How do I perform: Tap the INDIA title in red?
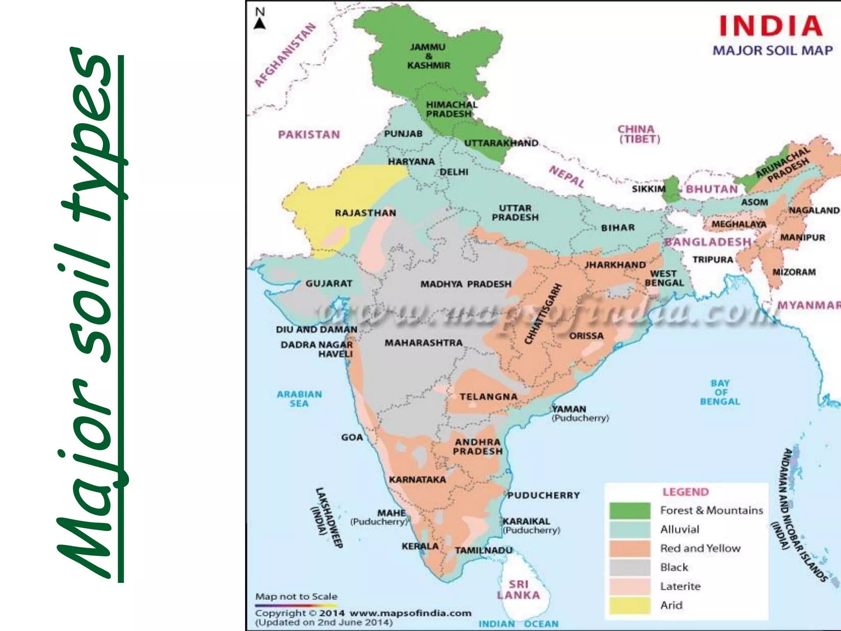(771, 26)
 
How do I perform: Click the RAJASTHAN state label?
(365, 213)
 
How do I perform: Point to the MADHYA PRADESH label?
(466, 284)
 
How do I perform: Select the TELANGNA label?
(488, 397)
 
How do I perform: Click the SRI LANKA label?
(518, 590)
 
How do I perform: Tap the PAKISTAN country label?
(309, 135)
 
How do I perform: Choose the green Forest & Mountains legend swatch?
(630, 511)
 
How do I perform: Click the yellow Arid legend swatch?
(630, 605)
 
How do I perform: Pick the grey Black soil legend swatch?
(630, 567)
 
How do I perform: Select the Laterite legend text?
(680, 586)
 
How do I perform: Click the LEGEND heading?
(685, 492)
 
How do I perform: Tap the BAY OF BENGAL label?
(720, 392)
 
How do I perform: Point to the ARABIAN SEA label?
(299, 398)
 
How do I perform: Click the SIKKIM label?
(648, 189)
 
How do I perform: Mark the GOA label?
(352, 438)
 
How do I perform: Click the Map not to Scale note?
(296, 596)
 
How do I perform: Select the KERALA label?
(420, 546)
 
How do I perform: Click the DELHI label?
(454, 172)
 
